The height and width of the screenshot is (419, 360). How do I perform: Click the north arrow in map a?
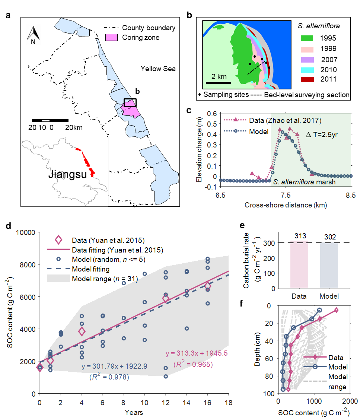pyautogui.click(x=34, y=35)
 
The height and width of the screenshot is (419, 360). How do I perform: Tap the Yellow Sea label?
pyautogui.click(x=158, y=69)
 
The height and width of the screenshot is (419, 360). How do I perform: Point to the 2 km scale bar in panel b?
pyautogui.click(x=219, y=82)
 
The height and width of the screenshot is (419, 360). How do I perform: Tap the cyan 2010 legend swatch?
pyautogui.click(x=308, y=69)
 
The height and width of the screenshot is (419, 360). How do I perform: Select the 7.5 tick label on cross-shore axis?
pyautogui.click(x=286, y=195)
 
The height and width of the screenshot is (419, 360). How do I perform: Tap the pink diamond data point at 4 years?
pyautogui.click(x=82, y=331)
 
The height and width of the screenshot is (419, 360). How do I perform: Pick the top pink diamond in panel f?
pyautogui.click(x=336, y=310)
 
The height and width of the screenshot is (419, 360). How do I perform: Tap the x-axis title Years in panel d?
pyautogui.click(x=134, y=412)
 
